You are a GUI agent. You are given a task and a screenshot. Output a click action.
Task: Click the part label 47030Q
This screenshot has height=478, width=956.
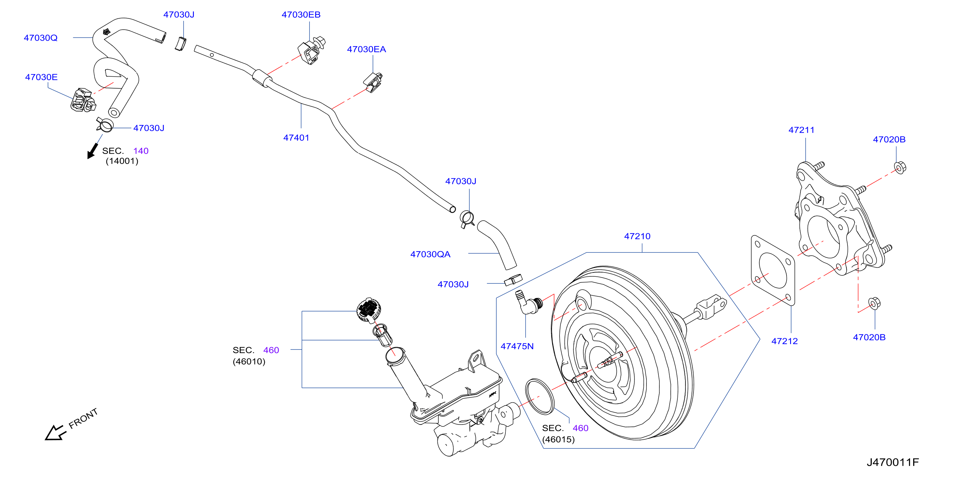click(x=41, y=38)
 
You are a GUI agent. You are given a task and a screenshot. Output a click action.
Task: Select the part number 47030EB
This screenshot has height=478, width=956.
click(x=301, y=15)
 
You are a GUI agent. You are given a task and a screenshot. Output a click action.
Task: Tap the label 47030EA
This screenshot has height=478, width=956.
click(x=366, y=49)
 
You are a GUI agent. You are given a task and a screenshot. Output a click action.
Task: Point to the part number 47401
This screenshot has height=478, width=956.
click(x=296, y=138)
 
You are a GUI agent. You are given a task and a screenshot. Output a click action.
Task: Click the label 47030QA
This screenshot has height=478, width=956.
click(x=430, y=254)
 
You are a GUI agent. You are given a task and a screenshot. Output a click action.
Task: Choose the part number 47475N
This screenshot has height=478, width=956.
click(x=517, y=346)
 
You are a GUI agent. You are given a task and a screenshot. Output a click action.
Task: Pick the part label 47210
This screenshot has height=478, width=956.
click(x=637, y=236)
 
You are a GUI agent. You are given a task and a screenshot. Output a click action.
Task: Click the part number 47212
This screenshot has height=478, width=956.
click(x=785, y=341)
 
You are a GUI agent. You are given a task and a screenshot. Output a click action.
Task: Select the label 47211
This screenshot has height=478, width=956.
click(x=802, y=130)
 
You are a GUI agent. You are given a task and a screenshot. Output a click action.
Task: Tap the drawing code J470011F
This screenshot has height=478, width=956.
click(x=893, y=463)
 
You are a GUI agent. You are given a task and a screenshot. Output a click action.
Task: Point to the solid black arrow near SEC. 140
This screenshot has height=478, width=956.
click(x=92, y=151)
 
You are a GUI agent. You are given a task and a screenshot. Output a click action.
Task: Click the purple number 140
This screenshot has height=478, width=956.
click(x=141, y=151)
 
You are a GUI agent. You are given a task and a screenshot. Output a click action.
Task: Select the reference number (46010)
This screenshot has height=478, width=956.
click(x=249, y=361)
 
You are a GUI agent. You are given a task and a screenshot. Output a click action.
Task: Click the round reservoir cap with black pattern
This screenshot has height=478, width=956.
click(x=368, y=309)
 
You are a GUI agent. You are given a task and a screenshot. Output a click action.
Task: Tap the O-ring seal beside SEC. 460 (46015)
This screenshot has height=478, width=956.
click(x=540, y=397)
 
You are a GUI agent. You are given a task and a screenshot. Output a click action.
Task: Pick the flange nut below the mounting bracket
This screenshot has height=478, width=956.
click(x=875, y=303)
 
